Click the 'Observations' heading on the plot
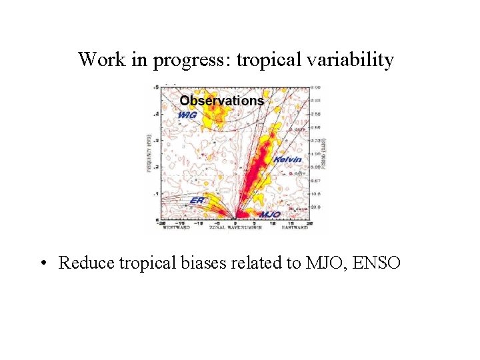coord(221,101)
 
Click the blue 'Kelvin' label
coord(287,159)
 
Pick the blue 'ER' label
coord(197,200)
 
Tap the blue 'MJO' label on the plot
coord(269,214)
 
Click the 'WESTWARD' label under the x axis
coord(177,227)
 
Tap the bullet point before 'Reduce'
coord(43,263)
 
